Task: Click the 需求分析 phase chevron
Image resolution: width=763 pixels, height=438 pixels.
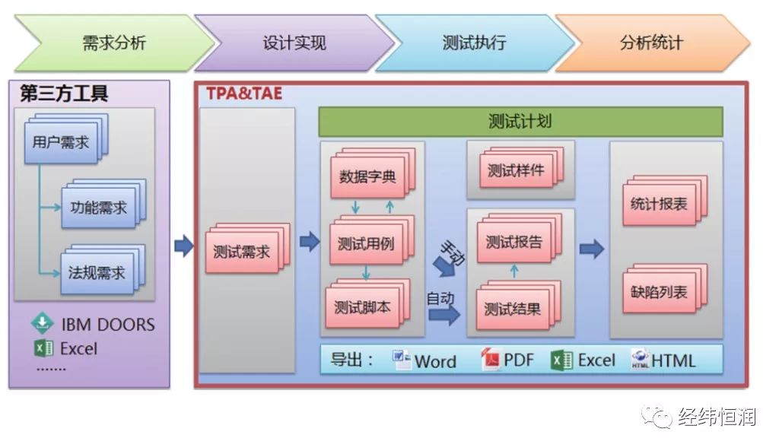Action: [x=114, y=43]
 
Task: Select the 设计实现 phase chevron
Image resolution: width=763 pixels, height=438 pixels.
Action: [x=294, y=43]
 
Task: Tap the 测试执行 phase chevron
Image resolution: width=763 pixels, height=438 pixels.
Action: [x=475, y=43]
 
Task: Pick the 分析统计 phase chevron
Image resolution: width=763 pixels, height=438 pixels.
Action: [x=652, y=43]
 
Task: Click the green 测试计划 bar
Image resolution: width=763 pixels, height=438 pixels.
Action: [x=520, y=122]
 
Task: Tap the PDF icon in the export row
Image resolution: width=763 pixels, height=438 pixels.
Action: [x=490, y=360]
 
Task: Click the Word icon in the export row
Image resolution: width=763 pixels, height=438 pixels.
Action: [x=402, y=360]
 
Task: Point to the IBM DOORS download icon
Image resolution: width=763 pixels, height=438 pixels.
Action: [x=43, y=322]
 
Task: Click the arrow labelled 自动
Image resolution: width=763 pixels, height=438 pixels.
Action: [x=444, y=315]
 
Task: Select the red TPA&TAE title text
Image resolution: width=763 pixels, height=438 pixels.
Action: [x=244, y=93]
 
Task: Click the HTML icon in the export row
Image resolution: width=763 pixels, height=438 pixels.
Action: [x=640, y=359]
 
